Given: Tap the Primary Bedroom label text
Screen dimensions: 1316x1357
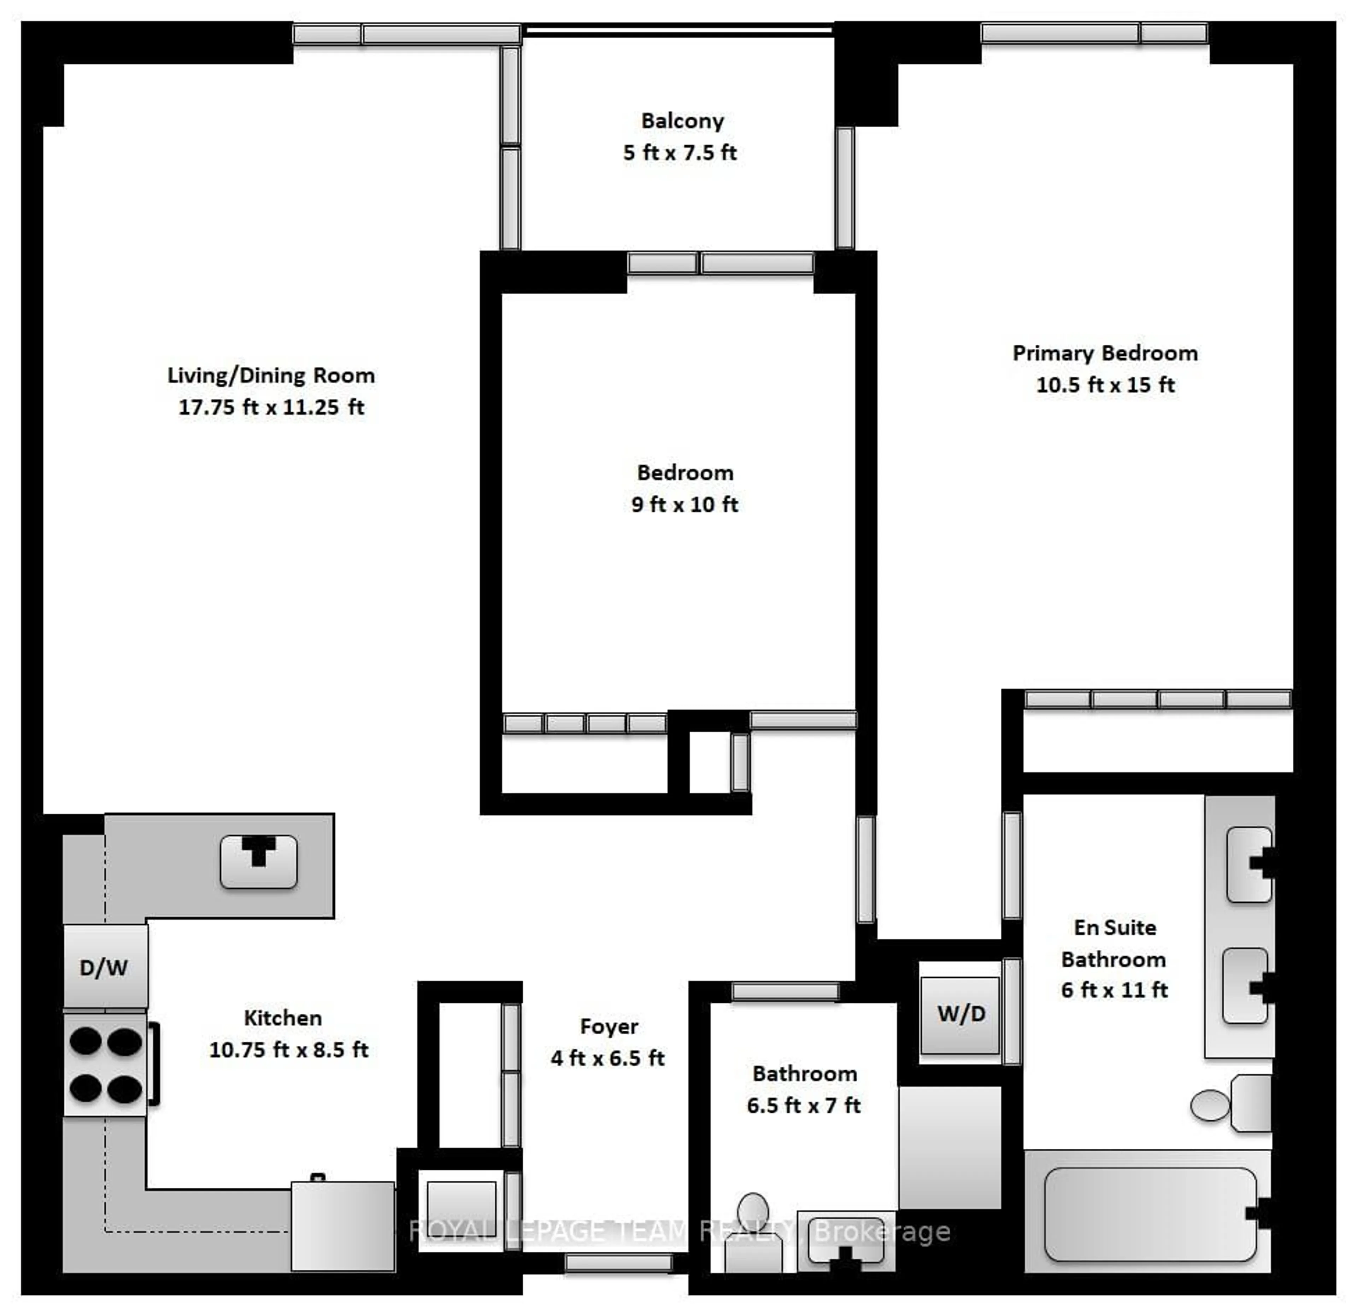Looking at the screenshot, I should click(x=1105, y=353).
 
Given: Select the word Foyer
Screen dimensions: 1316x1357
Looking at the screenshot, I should click(x=609, y=1026).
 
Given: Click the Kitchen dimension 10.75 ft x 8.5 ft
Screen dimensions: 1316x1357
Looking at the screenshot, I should click(x=289, y=1050).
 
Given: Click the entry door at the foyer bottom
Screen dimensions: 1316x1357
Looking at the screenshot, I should click(x=618, y=1263).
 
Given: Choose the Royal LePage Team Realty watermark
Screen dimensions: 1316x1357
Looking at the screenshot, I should click(x=678, y=1231).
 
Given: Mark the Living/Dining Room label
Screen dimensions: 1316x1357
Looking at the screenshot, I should click(x=271, y=375).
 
